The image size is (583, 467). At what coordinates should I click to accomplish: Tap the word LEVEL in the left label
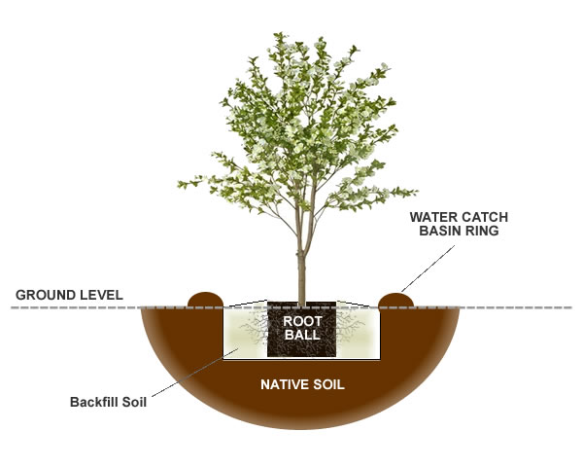pos(100,294)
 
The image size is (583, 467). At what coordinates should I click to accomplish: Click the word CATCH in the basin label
pos(483,217)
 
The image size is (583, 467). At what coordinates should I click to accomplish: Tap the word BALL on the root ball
pos(301,335)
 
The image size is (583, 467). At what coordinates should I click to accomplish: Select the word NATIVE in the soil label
pos(284,384)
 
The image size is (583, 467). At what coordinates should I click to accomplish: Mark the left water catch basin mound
pos(206,298)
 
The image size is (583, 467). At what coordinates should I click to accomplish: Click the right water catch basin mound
pos(396,298)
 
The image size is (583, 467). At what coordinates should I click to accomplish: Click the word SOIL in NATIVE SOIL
pos(327,384)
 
